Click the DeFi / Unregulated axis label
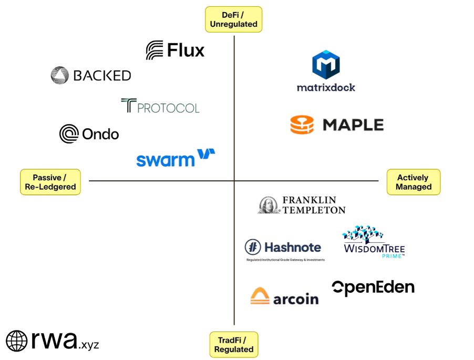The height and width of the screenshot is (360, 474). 233,19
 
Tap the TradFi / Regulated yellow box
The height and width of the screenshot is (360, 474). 234,345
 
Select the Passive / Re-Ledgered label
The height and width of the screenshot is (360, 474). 50,182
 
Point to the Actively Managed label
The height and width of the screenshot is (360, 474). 413,182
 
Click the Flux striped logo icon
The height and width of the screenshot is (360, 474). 154,50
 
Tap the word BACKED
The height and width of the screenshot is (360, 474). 102,76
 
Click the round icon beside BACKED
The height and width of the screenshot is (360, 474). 59,76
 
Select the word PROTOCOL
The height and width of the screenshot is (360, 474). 168,108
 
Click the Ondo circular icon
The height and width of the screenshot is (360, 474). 69,134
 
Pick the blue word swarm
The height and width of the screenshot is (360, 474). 164,160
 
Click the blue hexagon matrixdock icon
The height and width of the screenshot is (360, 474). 326,65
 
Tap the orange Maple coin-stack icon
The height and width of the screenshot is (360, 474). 302,125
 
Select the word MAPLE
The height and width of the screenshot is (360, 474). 353,125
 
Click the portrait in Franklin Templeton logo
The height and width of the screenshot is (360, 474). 269,205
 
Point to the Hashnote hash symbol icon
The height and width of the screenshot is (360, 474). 253,247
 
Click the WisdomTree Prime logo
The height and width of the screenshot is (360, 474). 374,242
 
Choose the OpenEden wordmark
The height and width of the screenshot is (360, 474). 373,287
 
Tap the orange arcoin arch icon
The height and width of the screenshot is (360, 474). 260,296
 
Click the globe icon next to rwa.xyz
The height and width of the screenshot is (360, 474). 16,341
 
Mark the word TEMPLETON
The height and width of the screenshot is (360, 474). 314,210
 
